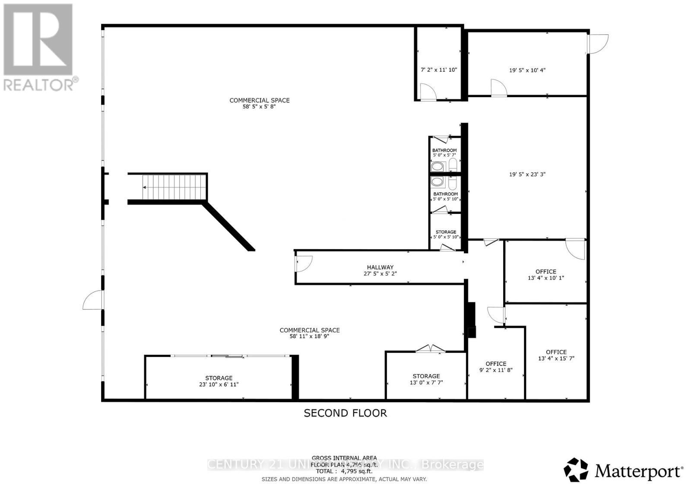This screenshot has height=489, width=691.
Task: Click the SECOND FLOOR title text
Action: pos(345,413)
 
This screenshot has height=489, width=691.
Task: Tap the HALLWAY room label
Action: pos(380,267)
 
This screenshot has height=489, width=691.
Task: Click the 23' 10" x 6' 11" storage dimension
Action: pos(219,384)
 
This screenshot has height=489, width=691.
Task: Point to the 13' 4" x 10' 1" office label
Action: pos(545,275)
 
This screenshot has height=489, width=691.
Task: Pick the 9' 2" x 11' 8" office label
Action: pos(495,367)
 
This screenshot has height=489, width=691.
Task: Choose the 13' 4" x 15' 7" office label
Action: pos(556,355)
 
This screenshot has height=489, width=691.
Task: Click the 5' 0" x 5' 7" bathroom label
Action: pos(444,152)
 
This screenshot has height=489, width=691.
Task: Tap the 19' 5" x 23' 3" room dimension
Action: pos(527,175)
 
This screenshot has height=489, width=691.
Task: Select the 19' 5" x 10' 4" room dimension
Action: pos(527,70)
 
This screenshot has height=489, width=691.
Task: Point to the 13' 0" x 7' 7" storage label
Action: pos(426,379)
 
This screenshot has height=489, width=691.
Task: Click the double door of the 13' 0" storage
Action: pos(429,349)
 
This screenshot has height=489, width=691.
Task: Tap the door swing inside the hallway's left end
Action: pos(304,264)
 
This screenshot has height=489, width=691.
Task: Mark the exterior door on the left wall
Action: pos(92,300)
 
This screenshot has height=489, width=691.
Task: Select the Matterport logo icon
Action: pos(576,470)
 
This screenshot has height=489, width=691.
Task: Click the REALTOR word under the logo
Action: pos(39,85)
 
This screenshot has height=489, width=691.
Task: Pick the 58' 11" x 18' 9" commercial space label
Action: pos(310,333)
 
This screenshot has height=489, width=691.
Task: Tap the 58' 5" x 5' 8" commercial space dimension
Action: pos(259,106)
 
